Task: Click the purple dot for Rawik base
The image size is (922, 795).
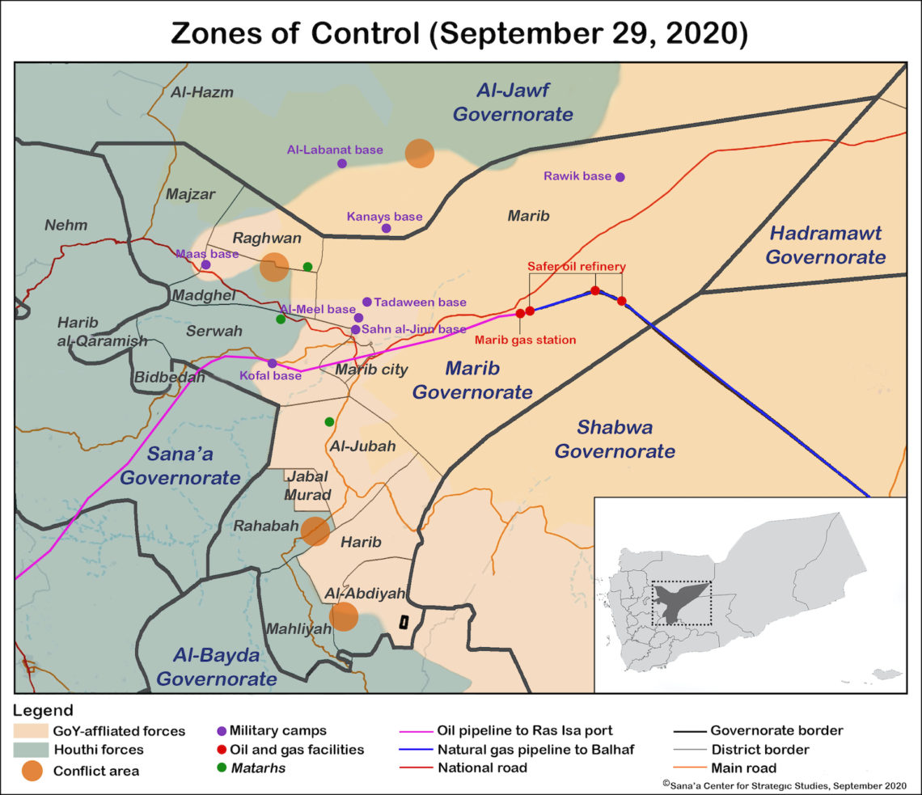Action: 620,177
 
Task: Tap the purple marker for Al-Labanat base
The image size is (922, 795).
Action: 342,163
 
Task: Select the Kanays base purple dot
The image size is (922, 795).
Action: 387,228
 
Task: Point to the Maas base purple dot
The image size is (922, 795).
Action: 206,264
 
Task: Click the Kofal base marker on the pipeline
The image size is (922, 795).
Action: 273,363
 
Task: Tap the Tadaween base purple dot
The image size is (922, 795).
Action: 367,302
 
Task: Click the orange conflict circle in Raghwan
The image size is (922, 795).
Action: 274,266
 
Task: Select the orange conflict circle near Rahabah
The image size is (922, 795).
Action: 315,531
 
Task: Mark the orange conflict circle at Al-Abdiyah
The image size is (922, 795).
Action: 344,616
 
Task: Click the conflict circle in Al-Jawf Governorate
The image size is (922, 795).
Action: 419,153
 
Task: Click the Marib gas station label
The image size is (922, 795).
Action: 525,340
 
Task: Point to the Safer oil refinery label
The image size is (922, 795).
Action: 577,266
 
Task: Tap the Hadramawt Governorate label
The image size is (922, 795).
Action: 826,245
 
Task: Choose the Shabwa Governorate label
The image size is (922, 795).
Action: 615,439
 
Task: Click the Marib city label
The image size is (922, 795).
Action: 371,370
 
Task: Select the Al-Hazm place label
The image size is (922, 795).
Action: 201,92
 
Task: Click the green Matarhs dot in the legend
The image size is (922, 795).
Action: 222,768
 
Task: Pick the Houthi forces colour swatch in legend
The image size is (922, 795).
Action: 32,750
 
